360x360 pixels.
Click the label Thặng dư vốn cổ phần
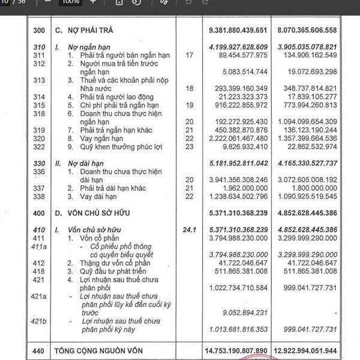(117, 262)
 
